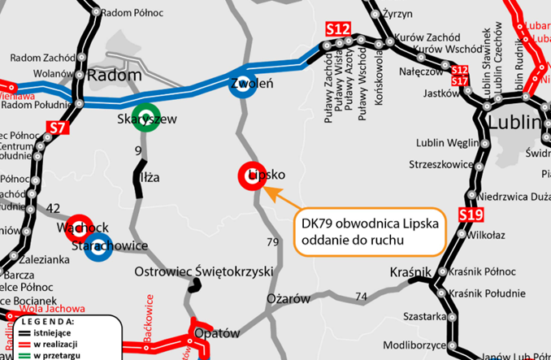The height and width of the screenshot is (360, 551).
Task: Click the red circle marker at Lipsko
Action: coord(249,175)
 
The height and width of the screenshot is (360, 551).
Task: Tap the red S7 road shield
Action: coord(56,128)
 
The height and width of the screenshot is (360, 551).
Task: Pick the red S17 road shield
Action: coord(460,81)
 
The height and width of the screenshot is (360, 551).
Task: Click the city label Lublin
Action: coord(514,124)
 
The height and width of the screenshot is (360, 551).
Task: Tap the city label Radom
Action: coord(114,75)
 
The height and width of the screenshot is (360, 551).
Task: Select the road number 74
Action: coord(361,296)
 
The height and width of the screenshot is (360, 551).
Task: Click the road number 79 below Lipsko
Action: coord(273,242)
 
